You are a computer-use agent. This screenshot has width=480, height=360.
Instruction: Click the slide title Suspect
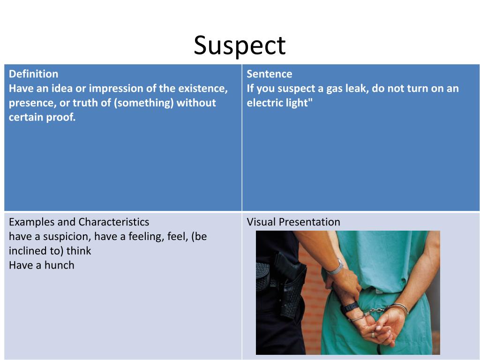click(240, 45)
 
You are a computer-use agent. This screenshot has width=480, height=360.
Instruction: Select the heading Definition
click(34, 74)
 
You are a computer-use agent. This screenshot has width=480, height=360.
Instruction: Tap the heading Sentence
click(270, 74)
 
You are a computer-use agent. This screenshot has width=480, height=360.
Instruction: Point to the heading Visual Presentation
click(293, 222)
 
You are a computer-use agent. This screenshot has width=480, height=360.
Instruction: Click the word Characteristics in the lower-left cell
click(114, 222)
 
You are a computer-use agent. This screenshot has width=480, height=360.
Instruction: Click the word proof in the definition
click(61, 117)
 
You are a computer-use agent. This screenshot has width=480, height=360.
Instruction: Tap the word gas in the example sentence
click(335, 89)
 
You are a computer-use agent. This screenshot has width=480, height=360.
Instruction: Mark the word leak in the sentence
click(356, 89)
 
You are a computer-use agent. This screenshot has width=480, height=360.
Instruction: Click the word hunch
click(59, 265)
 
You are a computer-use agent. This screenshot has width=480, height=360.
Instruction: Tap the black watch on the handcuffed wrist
click(350, 307)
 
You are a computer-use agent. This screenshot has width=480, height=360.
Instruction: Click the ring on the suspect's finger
click(373, 334)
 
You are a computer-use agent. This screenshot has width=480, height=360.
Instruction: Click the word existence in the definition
click(202, 89)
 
